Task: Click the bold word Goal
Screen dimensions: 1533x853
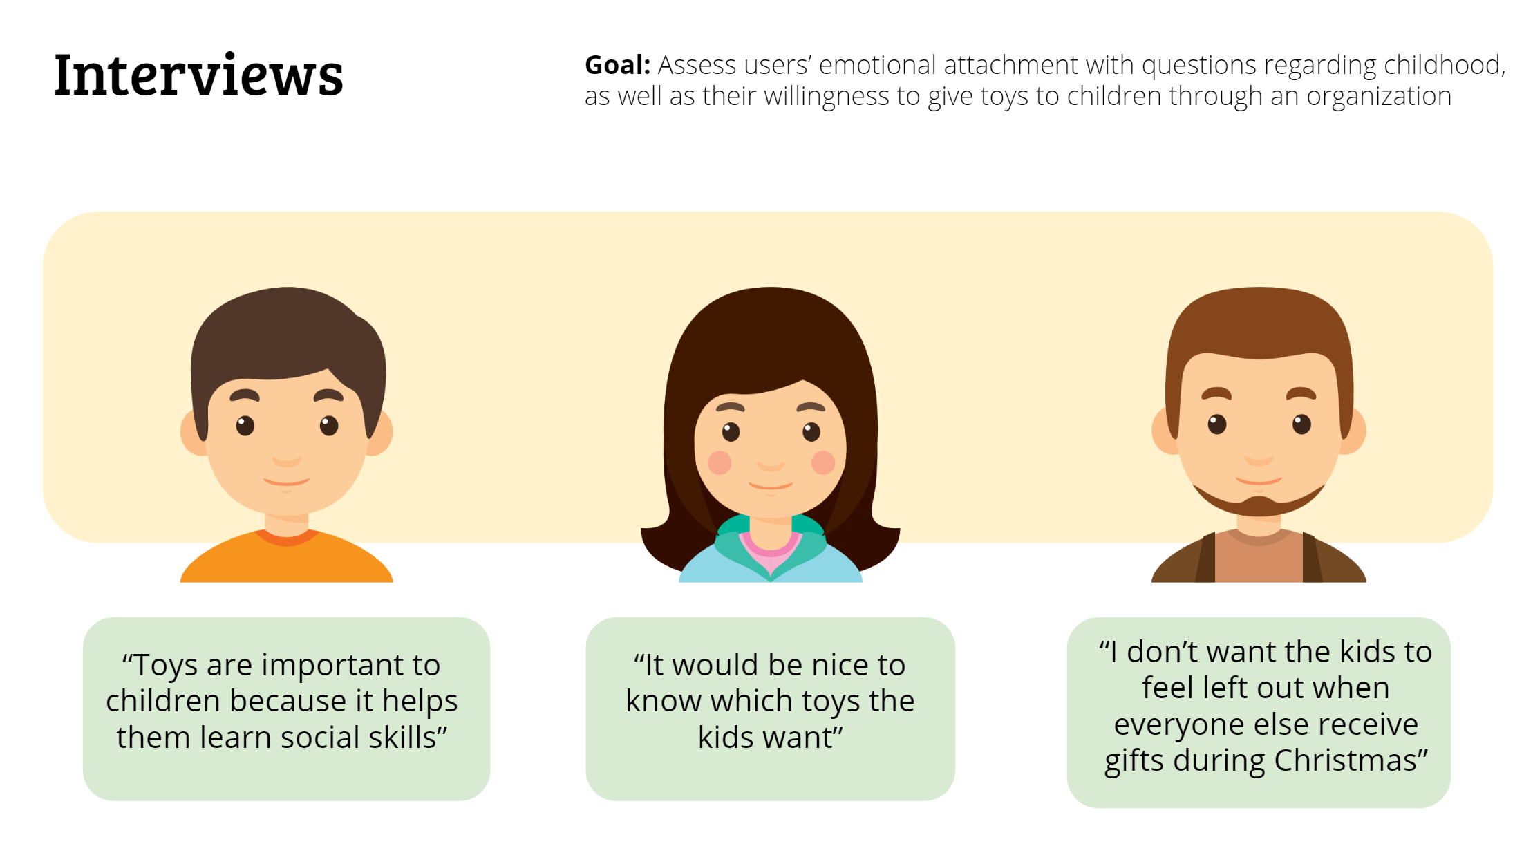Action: [x=617, y=65]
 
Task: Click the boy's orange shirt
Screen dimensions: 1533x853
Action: [x=286, y=560]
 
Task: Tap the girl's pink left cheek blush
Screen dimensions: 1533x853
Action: [x=720, y=462]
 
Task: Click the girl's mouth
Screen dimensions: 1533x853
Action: [x=770, y=487]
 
